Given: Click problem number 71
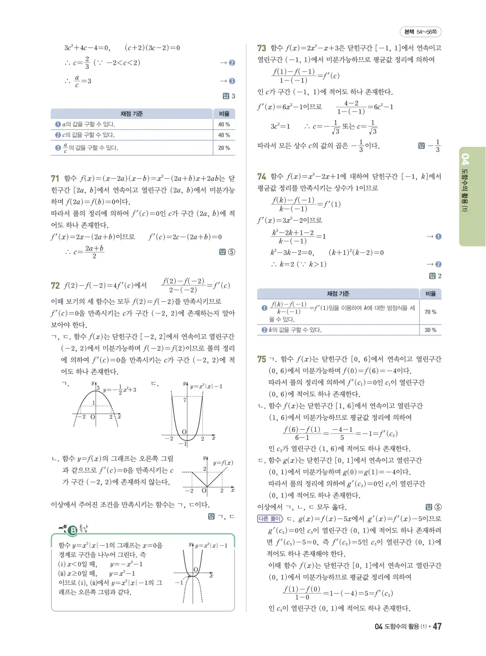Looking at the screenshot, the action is pos(55,178).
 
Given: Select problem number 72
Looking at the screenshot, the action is pos(55,286).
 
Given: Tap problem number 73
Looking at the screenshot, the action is pos(262,48).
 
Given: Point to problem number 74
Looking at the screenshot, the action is pos(262,177).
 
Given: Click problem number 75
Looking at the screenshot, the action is pos(262,359).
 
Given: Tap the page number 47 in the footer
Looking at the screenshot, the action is pos(437,626).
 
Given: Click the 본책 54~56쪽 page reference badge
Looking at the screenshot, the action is pos(421,32).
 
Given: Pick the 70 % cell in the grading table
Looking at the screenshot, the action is pos(430,312).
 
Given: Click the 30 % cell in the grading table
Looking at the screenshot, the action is pos(430,330).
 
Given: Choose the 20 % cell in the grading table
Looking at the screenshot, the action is pos(224,148).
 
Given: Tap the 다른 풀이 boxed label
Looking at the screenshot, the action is pos(270,519).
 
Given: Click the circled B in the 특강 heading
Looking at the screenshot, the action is pos(73,530).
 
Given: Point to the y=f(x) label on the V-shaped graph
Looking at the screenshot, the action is pos(223,463).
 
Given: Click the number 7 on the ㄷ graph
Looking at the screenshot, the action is pos(185,400).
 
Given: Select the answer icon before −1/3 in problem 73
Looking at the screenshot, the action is pos(421,146).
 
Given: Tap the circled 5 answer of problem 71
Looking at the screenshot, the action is pos(232,252).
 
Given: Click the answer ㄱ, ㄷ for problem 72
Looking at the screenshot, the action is pos(226,516).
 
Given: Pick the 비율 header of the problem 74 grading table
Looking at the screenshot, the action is pos(430,294).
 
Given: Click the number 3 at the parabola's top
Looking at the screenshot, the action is pos(98,388).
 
